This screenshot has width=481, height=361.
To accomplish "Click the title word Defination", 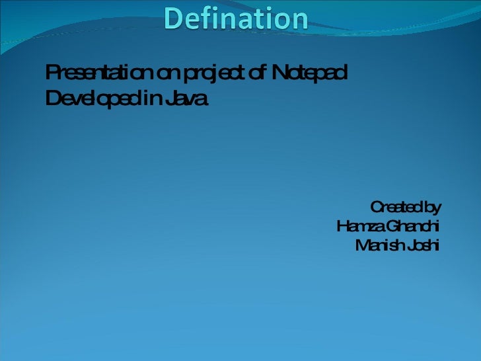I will (236, 19).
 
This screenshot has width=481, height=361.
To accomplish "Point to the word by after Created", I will (431, 208).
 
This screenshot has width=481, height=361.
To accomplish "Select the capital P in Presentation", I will (51, 71).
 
